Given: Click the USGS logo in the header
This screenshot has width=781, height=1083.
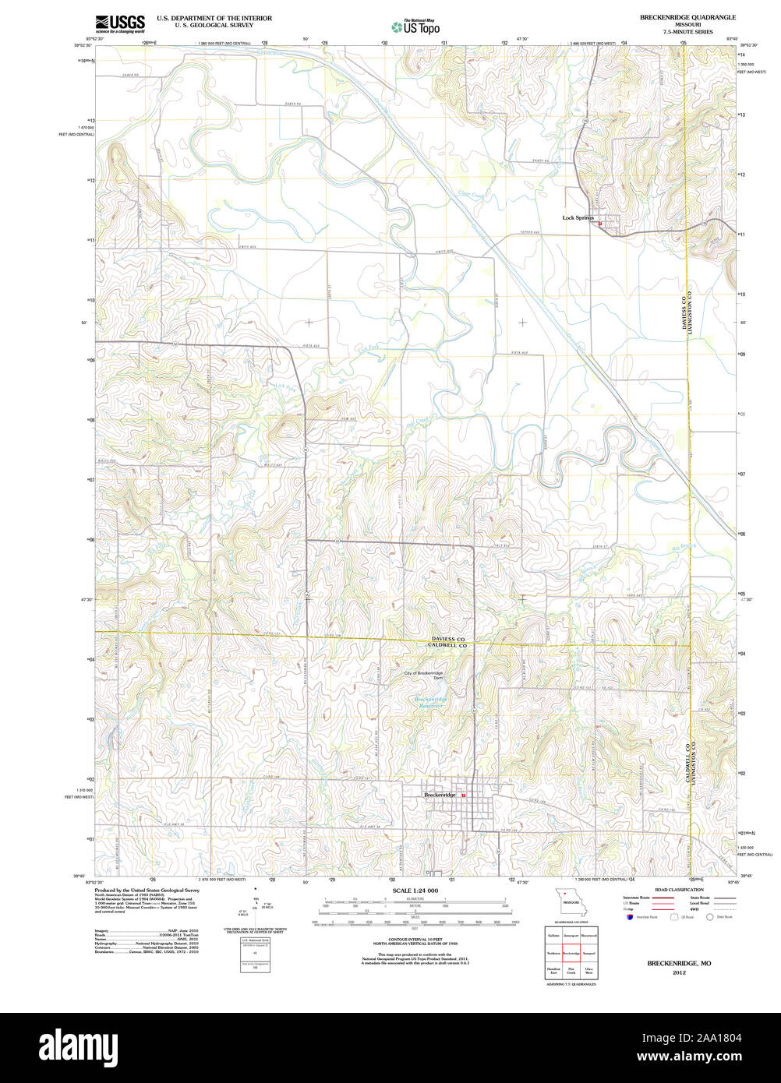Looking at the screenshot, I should pyautogui.click(x=119, y=23).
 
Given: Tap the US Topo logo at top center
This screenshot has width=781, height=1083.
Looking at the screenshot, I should pyautogui.click(x=415, y=27).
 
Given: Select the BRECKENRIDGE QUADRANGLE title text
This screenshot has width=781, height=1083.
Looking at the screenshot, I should pyautogui.click(x=677, y=16).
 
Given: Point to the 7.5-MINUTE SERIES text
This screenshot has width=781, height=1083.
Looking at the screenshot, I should pyautogui.click(x=677, y=32).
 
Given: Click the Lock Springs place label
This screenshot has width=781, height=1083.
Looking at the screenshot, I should pyautogui.click(x=578, y=218).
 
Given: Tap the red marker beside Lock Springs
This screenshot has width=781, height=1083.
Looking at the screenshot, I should pyautogui.click(x=600, y=224).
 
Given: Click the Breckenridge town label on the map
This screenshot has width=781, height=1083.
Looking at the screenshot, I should pyautogui.click(x=440, y=795).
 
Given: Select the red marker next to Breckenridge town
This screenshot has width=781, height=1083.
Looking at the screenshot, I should pyautogui.click(x=464, y=795).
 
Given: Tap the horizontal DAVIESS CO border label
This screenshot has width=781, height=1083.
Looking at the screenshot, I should pyautogui.click(x=448, y=639).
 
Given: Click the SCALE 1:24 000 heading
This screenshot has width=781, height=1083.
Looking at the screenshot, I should pyautogui.click(x=415, y=891).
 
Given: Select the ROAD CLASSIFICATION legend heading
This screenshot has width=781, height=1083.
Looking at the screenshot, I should pyautogui.click(x=679, y=889).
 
